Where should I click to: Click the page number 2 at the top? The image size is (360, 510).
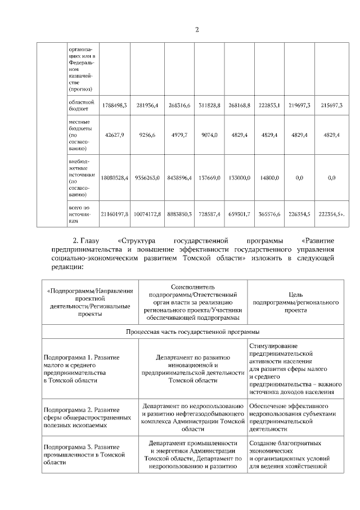[x=197, y=30]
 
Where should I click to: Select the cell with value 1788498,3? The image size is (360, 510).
[x=115, y=105]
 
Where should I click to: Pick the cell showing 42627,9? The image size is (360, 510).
[x=115, y=135]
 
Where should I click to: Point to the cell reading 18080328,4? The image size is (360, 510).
[x=115, y=178]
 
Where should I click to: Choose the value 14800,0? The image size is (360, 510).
[x=269, y=178]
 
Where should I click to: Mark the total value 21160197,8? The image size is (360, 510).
[x=115, y=214]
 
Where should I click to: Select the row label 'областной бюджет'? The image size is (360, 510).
[x=80, y=105]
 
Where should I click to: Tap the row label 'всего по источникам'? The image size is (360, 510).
[x=80, y=214]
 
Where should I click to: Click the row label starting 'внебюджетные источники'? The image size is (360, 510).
[x=80, y=178]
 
